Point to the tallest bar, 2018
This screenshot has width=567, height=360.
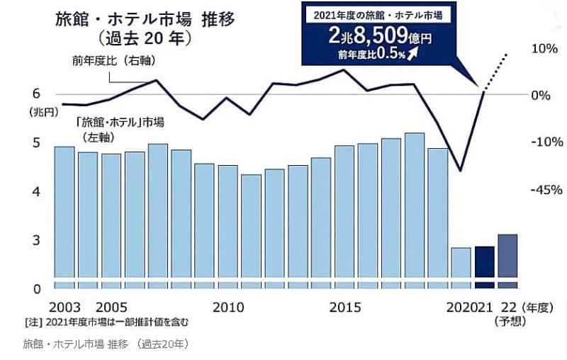click(x=415, y=205)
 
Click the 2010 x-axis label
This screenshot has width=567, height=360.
click(x=228, y=308)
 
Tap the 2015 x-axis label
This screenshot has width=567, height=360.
click(x=345, y=308)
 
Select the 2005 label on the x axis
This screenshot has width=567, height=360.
click(x=111, y=308)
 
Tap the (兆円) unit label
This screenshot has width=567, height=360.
click(x=40, y=112)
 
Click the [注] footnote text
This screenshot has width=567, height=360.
click(x=106, y=322)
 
